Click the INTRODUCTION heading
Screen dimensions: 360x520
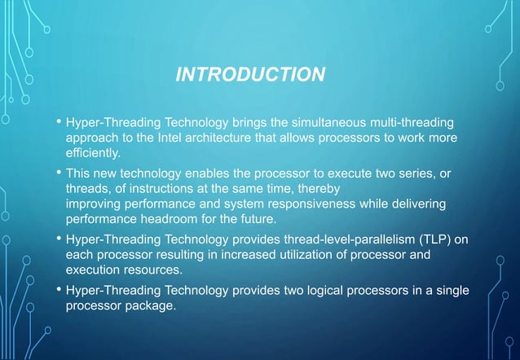pyautogui.click(x=251, y=76)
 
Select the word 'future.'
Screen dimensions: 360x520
pyautogui.click(x=256, y=220)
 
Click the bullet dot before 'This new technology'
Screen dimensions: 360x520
pyautogui.click(x=58, y=174)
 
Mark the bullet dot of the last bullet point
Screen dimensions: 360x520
pyautogui.click(x=58, y=290)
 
